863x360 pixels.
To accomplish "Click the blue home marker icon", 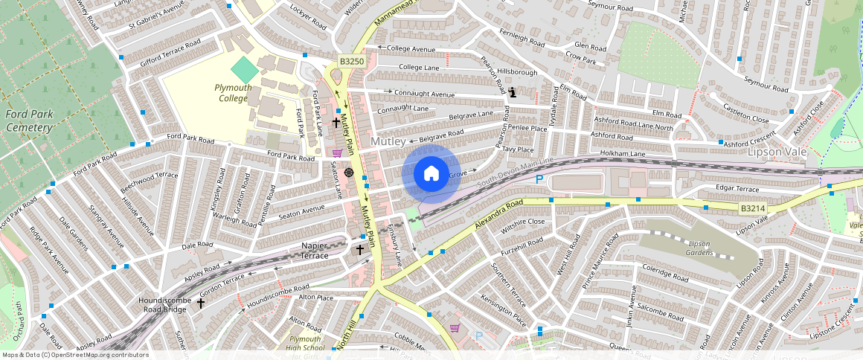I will click(x=431, y=173).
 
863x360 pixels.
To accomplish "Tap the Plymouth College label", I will click(x=233, y=92).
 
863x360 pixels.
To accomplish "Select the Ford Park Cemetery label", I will click(x=28, y=120).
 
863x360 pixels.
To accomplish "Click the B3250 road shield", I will click(x=351, y=62).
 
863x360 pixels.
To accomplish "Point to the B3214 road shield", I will click(x=752, y=210).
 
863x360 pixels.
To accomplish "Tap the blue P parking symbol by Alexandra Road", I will click(x=539, y=179).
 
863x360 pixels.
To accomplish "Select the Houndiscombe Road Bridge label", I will click(x=165, y=304).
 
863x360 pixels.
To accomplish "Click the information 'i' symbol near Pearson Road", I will click(x=513, y=93).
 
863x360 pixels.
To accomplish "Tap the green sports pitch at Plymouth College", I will click(x=244, y=70).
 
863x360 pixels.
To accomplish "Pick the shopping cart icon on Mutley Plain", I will click(x=337, y=152).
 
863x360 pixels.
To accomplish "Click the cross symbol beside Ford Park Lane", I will click(x=336, y=123).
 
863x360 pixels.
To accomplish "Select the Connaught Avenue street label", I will click(x=424, y=94).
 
